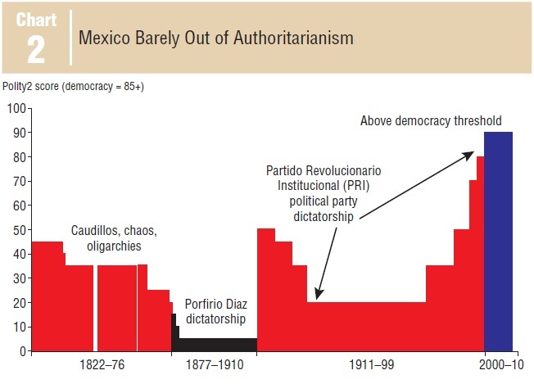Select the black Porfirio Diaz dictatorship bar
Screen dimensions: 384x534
pyautogui.click(x=217, y=345)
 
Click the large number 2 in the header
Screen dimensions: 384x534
pyautogui.click(x=37, y=50)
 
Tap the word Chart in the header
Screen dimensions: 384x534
pyautogui.click(x=37, y=20)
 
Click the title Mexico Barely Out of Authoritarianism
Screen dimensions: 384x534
pyautogui.click(x=216, y=38)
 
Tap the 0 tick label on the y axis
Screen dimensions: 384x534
pyautogui.click(x=22, y=351)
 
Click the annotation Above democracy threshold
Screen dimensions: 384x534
pyautogui.click(x=431, y=121)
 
